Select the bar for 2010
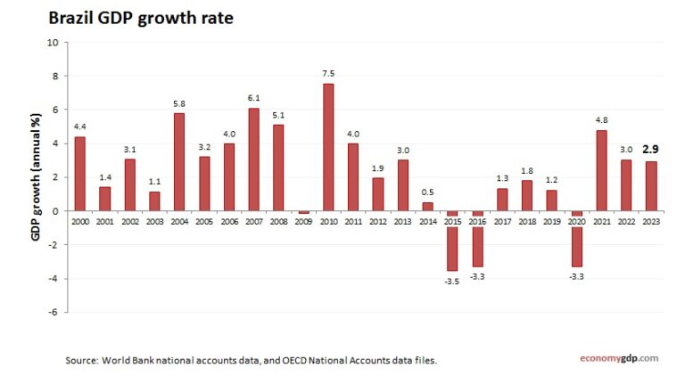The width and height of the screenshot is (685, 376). point(328,147)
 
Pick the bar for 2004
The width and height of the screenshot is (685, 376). point(179,161)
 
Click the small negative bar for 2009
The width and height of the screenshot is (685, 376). point(303,212)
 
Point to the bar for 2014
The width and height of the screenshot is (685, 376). point(427,206)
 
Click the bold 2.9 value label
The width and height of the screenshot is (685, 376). point(650,151)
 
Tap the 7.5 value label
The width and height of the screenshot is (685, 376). point(328,73)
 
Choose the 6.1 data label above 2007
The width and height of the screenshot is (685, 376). point(253,97)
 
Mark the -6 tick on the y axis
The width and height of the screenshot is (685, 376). point(54,312)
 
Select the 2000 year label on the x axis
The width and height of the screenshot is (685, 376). point(80,221)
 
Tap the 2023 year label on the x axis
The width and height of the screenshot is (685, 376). point(650,221)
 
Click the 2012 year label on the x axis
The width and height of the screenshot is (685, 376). point(377,221)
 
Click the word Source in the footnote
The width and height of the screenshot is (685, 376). point(83,360)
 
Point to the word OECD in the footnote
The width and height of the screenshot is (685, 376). point(300,360)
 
